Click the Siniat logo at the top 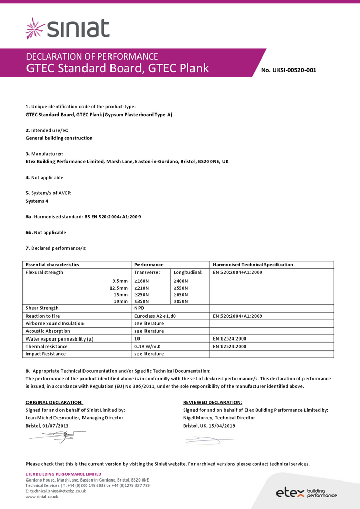68,29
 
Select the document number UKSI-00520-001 288,70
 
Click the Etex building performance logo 306,492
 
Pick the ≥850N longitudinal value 181,301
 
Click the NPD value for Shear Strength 139,308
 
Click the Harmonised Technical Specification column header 253,265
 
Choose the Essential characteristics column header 52,265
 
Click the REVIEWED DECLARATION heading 212,402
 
